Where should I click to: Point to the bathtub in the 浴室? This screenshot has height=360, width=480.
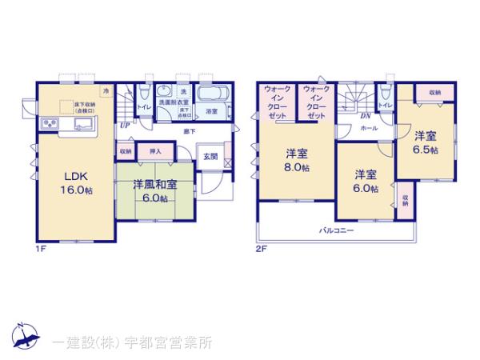(x=211, y=94)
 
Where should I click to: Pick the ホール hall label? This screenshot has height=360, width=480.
(x=369, y=128)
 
